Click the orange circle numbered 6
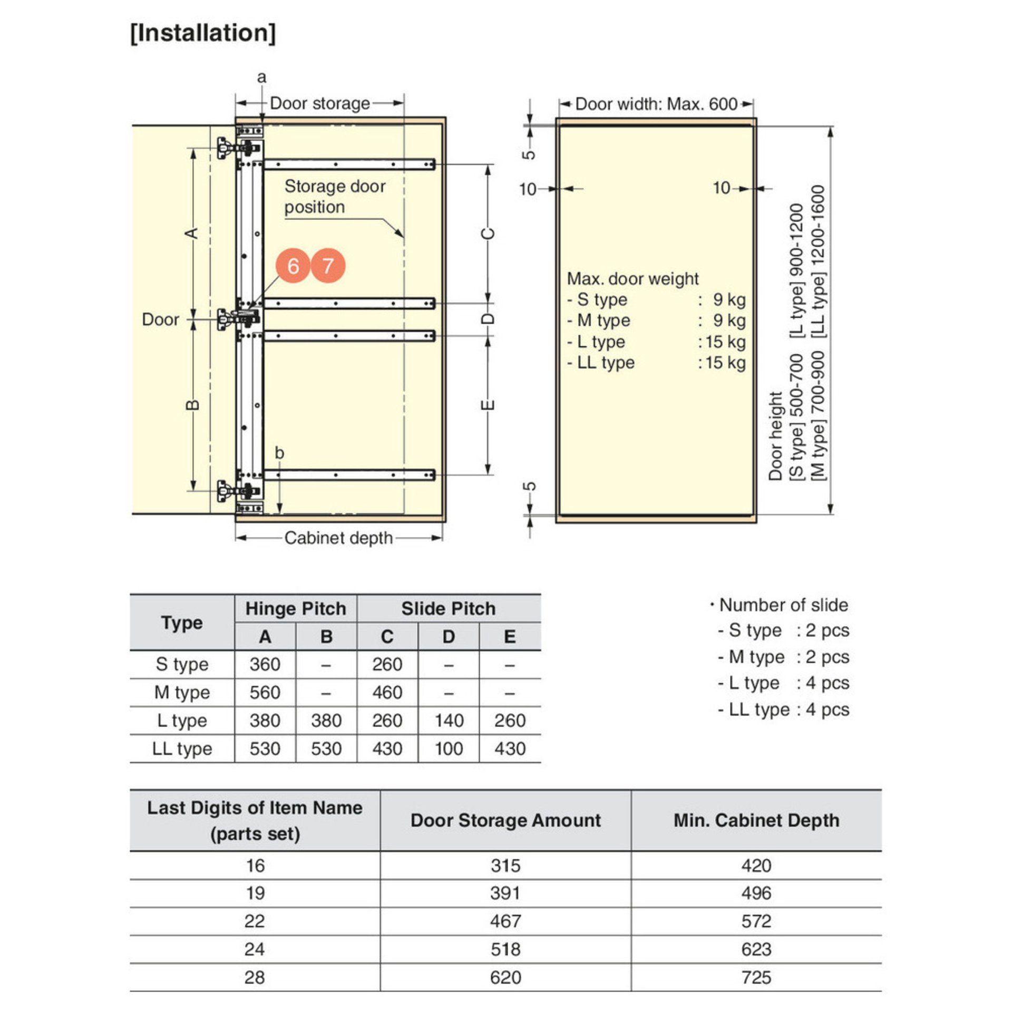pyautogui.click(x=293, y=266)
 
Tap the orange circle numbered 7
pyautogui.click(x=328, y=266)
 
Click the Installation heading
pyautogui.click(x=203, y=33)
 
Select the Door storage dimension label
pyautogui.click(x=319, y=103)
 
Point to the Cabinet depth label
pyautogui.click(x=338, y=538)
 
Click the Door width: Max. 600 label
pyautogui.click(x=656, y=104)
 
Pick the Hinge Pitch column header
pyautogui.click(x=296, y=609)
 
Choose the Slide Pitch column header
pyautogui.click(x=449, y=609)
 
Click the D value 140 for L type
pyautogui.click(x=449, y=721)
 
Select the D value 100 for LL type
pyautogui.click(x=449, y=748)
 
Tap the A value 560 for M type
pyautogui.click(x=265, y=693)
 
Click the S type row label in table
pyautogui.click(x=182, y=665)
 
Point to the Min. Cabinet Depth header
pyautogui.click(x=756, y=821)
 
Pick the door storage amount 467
pyautogui.click(x=505, y=921)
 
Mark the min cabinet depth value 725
pyautogui.click(x=756, y=978)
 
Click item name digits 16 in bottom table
pyautogui.click(x=255, y=865)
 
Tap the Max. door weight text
pyautogui.click(x=632, y=279)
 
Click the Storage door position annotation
pyautogui.click(x=335, y=197)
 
